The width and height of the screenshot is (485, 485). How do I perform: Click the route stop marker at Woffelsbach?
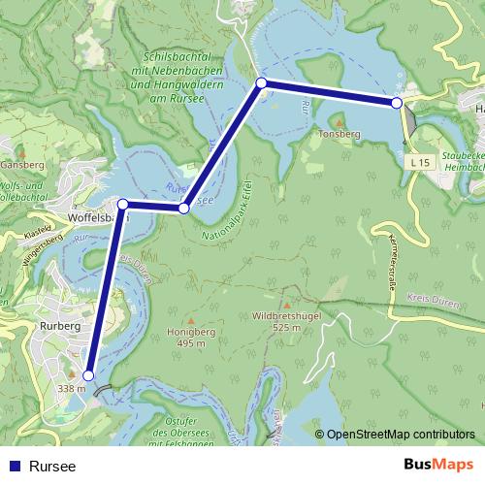(123, 204)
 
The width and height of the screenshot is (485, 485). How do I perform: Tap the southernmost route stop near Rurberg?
(88, 375)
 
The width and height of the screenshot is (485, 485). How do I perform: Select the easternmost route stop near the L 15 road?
(397, 102)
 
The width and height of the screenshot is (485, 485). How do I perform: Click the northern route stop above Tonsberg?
(261, 83)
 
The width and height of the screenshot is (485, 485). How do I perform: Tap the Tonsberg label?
(339, 135)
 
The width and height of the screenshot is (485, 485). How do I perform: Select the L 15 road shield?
(419, 163)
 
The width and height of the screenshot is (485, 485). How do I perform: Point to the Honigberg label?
(192, 332)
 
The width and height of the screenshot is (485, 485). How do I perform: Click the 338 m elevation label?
(72, 389)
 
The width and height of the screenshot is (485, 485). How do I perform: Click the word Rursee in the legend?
(52, 466)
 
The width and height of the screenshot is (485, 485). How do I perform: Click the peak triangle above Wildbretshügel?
(284, 303)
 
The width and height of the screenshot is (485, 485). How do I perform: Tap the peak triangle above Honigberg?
(192, 319)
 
